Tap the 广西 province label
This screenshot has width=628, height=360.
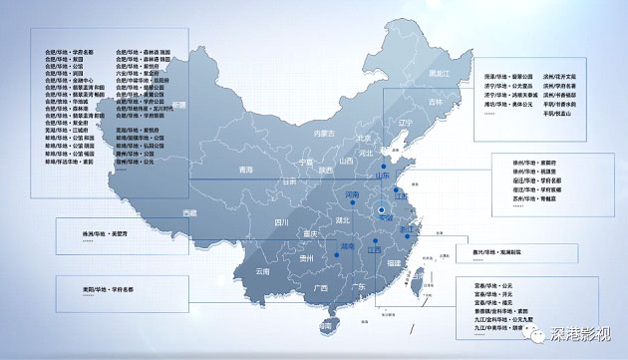[320, 288]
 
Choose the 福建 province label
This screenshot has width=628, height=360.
[396, 262]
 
